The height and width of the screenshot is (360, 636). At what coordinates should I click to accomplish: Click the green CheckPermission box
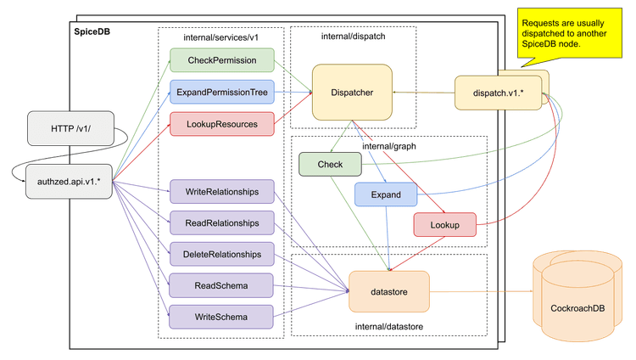(x=223, y=60)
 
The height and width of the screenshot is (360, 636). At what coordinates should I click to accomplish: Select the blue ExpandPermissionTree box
(x=223, y=93)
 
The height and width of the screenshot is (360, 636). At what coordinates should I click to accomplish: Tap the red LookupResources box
(x=223, y=124)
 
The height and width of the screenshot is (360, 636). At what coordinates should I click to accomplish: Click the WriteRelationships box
(x=223, y=192)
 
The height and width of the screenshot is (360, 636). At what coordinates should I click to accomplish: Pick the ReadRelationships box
(x=223, y=222)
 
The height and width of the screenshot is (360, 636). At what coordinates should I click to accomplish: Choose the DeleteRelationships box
(x=223, y=253)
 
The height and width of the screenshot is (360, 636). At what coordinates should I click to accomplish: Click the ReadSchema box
(x=223, y=284)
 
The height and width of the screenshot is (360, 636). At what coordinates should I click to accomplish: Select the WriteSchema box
(x=223, y=317)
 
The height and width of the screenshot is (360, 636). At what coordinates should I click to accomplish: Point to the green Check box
(x=329, y=164)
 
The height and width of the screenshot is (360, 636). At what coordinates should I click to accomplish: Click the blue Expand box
(x=386, y=194)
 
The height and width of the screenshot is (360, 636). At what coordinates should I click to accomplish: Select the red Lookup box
(x=444, y=224)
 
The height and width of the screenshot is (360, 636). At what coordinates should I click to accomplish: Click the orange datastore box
(x=390, y=292)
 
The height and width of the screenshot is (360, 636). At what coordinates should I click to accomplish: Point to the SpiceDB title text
(x=92, y=32)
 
